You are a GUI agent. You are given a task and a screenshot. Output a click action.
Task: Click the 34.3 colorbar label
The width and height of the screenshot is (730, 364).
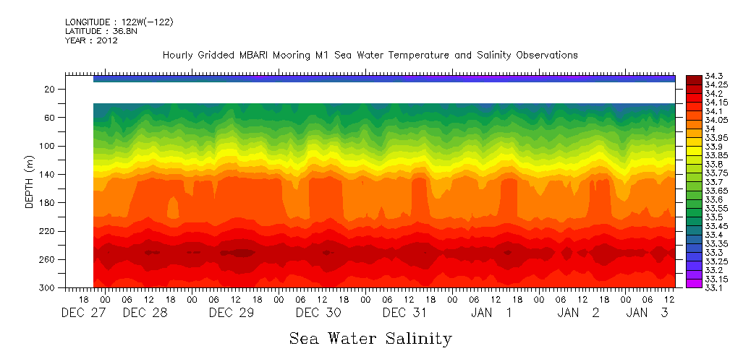[713, 76]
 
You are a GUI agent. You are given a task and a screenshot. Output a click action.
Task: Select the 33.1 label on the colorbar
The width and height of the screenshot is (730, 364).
[713, 287]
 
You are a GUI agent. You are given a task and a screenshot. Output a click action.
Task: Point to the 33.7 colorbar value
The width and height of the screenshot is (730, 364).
[713, 182]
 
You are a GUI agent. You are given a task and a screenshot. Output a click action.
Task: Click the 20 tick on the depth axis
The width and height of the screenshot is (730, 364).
[51, 89]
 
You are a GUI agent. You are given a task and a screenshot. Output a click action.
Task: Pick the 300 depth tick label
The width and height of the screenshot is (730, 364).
[48, 287]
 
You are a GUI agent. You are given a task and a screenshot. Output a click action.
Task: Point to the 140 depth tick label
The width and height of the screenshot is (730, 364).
[48, 174]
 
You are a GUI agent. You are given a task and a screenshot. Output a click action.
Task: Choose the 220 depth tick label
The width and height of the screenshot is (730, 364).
[48, 231]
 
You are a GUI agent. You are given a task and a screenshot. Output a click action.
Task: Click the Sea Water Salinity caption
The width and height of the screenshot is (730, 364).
[370, 339]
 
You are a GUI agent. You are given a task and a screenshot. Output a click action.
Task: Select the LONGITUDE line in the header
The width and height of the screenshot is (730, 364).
[119, 22]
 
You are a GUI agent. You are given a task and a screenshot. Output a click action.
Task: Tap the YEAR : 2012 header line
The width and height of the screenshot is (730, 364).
[91, 40]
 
